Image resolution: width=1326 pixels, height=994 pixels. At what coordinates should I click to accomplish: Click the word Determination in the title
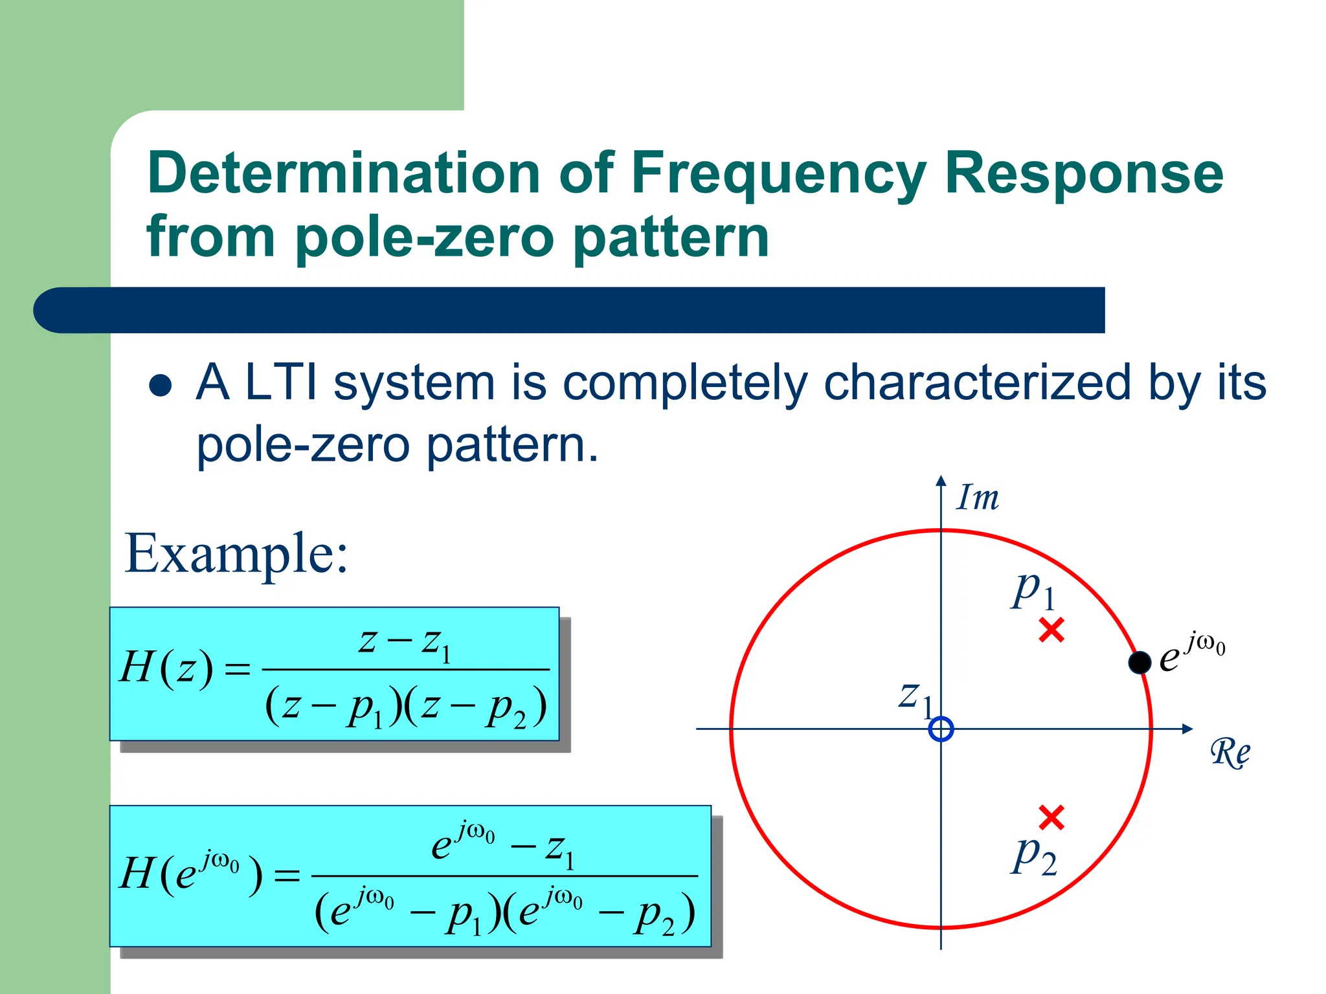point(343,173)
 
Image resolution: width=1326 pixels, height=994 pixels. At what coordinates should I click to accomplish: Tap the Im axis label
point(978,498)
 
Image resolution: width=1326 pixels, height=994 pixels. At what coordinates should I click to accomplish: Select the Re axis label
point(1230,753)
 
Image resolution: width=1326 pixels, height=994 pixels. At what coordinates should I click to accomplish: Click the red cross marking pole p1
point(1051,630)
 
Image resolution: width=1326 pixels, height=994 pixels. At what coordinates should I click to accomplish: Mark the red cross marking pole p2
point(1051,817)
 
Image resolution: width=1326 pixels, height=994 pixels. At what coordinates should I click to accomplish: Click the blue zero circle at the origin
point(941,729)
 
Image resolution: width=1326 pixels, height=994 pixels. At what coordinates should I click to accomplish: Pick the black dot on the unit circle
point(1140,662)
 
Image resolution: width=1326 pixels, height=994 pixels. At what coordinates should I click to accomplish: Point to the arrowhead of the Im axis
point(941,480)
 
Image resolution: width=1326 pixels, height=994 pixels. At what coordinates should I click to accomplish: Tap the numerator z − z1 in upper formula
point(405,643)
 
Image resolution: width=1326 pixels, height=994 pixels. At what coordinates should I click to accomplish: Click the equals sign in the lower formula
point(287,876)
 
